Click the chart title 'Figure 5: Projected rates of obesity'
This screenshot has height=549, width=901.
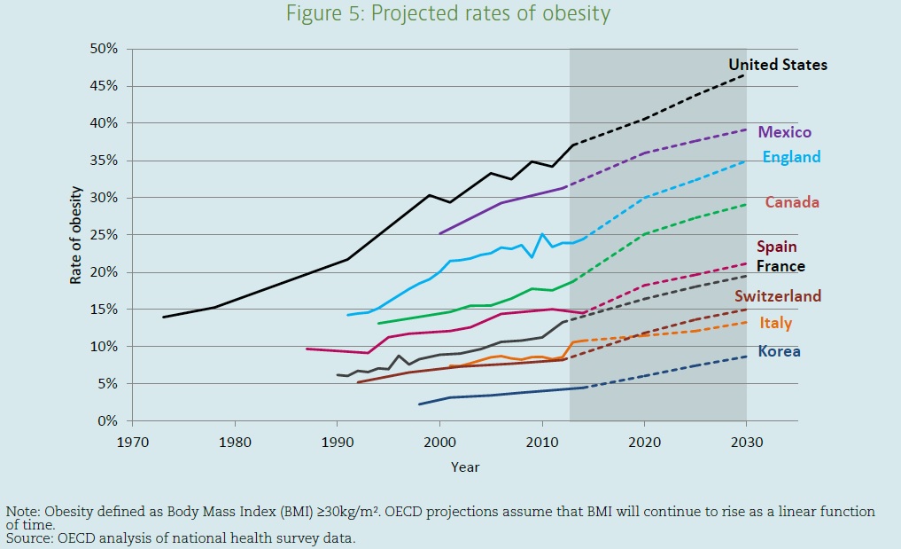[x=449, y=13]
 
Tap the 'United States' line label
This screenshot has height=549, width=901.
[x=777, y=65]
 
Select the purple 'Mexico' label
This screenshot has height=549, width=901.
[x=784, y=132]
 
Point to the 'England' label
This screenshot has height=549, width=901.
[x=791, y=157]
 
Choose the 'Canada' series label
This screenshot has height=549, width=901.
[x=792, y=202]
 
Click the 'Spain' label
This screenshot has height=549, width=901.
[x=776, y=247]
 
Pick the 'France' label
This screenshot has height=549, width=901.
[x=781, y=266]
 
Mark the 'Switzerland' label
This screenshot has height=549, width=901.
[x=778, y=296]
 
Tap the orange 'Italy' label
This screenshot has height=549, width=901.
[x=775, y=324]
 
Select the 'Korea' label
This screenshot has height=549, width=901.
[x=779, y=351]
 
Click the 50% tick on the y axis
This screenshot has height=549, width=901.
[x=104, y=49]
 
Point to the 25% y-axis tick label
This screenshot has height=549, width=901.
[x=104, y=235]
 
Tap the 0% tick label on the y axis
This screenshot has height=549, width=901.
[x=108, y=421]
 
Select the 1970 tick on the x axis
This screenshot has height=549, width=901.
[x=133, y=440]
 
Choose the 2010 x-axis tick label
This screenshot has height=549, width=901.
[x=541, y=440]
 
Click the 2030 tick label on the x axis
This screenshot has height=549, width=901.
[x=746, y=440]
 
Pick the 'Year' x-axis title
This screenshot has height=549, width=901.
[x=465, y=467]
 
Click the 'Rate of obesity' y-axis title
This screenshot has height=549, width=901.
[x=78, y=235]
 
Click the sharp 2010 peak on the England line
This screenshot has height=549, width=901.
[x=541, y=234]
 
